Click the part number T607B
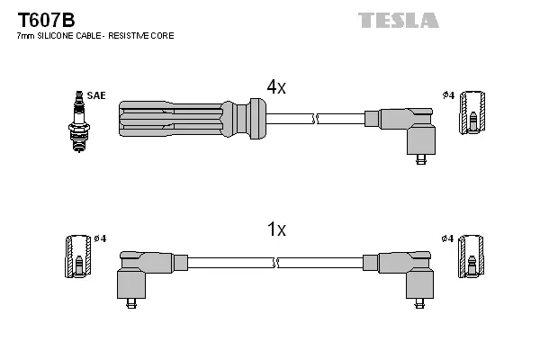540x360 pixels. pyautogui.click(x=40, y=19)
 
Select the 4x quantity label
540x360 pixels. pyautogui.click(x=275, y=86)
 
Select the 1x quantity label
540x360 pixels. pyautogui.click(x=276, y=229)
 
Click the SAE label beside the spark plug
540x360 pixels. pyautogui.click(x=95, y=94)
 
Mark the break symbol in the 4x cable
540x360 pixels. pyautogui.click(x=312, y=118)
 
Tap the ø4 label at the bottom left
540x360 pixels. pyautogui.click(x=100, y=238)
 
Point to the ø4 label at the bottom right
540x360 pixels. pyautogui.click(x=448, y=238)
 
